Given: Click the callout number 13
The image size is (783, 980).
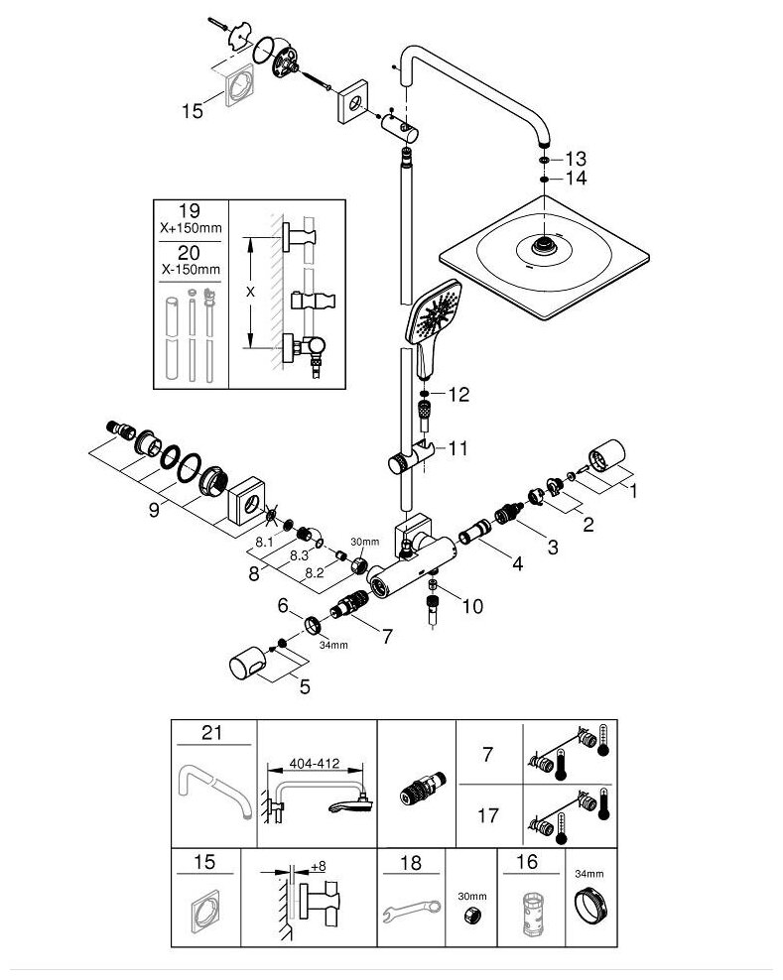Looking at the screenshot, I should click(577, 159).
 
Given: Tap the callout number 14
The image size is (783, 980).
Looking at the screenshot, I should click(577, 179).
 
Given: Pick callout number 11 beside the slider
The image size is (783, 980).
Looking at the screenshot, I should click(457, 448).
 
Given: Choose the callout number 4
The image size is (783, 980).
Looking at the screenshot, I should click(516, 565).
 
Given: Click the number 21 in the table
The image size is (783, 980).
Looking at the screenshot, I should click(210, 734).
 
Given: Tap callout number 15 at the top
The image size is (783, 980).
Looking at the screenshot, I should click(192, 112).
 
